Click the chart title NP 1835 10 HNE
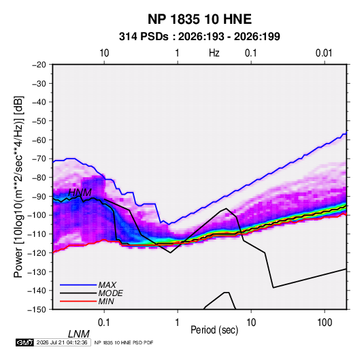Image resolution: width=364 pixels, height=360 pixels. pos(199,19)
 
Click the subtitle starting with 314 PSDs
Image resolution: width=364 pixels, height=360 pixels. pos(199,37)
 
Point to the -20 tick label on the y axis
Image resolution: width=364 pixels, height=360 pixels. pos(39,65)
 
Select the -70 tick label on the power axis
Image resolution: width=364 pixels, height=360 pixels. pos(39,159)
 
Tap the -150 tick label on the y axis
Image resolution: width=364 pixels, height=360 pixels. pos(37,310)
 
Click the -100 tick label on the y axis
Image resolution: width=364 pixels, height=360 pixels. pos(37,215)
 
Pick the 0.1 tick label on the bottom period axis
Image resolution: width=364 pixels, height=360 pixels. pos(104,323)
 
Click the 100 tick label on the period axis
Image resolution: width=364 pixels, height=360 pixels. pos(325,323)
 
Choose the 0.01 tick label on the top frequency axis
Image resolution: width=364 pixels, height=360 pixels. pos(324,53)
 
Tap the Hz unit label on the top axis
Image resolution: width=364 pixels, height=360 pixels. pos(214,53)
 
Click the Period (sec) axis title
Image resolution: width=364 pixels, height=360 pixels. pos(214,330)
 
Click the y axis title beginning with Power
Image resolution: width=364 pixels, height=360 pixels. pos(18,187)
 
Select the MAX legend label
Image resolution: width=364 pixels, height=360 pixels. pos(107,284)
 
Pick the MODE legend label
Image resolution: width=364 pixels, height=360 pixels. pos(110,293)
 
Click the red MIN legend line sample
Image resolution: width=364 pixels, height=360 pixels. pos(78,301)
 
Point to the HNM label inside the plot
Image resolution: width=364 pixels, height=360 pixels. pos(80,193)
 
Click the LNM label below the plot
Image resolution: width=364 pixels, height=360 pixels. pos(79,334)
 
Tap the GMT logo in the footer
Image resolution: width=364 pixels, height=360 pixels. pos(25,342)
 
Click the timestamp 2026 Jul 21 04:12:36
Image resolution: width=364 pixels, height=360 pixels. pos(62,342)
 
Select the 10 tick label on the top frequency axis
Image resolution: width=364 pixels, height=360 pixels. pos(104,53)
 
